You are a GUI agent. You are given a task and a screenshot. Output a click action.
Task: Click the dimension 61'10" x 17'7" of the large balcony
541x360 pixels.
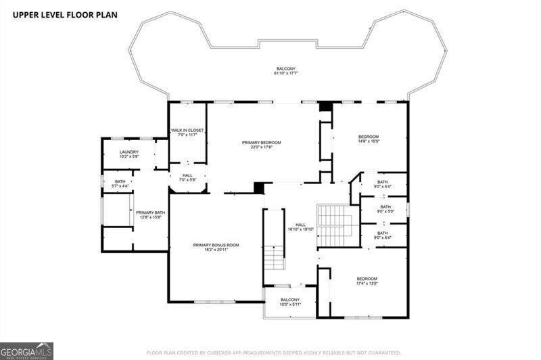[285, 74]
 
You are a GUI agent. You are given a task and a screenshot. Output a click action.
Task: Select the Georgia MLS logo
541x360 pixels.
[26, 351]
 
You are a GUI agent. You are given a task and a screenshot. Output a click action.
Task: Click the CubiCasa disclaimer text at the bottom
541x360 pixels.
[274, 353]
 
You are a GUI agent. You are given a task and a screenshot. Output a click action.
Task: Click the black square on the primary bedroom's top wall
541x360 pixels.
[325, 106]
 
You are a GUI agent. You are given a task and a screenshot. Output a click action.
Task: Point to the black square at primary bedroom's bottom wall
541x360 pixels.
[258, 187]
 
